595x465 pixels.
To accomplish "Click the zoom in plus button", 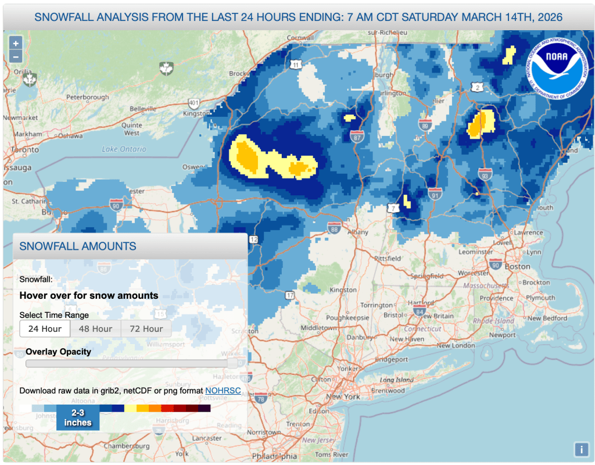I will pos(16,43).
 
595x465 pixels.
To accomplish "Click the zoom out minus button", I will pos(16,56).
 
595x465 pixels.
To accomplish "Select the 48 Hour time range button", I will pos(95,328).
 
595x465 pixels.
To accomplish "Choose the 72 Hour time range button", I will pos(146,328).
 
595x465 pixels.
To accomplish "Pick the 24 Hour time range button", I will pos(45,328).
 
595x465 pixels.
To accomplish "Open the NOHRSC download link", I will pos(223,391).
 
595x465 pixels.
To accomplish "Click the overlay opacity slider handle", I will pos(232,363).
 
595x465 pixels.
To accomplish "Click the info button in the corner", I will pos(581,449).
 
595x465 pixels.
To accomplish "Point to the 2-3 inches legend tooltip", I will pos(78,417).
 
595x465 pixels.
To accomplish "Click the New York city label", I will pos(343,396).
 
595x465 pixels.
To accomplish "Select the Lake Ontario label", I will pos(124,149).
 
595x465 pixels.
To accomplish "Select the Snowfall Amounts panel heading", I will pos(78,246).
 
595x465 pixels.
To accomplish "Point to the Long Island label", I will pos(396,380).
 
